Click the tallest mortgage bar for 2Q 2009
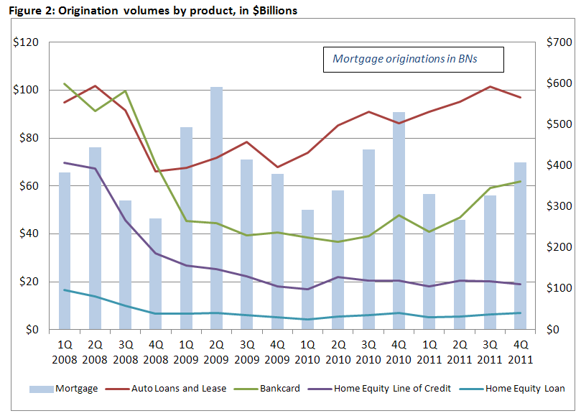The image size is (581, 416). [216, 208]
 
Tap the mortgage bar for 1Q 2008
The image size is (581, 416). [65, 251]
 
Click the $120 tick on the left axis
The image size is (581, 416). [26, 42]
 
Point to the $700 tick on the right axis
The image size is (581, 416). [557, 42]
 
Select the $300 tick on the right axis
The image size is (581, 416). [557, 206]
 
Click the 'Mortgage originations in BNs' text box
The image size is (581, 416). [412, 59]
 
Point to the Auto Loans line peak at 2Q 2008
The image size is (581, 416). [95, 86]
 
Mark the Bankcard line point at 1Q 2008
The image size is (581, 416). [65, 84]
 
